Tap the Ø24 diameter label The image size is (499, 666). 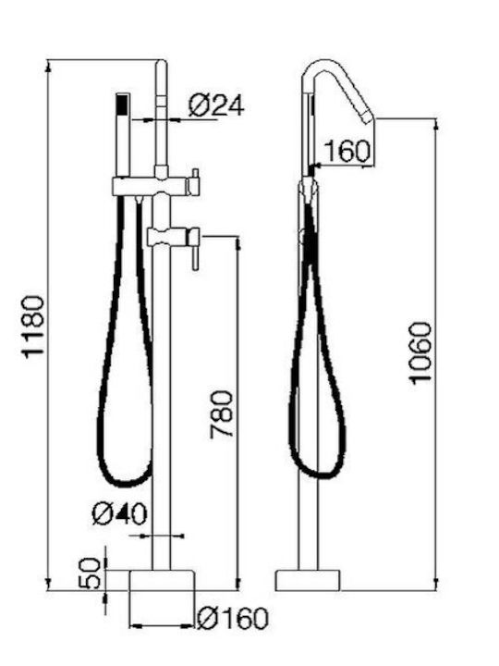pyautogui.click(x=216, y=105)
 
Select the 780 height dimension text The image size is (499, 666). pyautogui.click(x=222, y=414)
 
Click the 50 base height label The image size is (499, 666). pyautogui.click(x=91, y=573)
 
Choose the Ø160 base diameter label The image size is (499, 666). pyautogui.click(x=233, y=618)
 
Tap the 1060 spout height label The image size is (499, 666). pyautogui.click(x=420, y=353)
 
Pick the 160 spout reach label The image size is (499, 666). pyautogui.click(x=347, y=151)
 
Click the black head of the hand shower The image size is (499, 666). pyautogui.click(x=122, y=104)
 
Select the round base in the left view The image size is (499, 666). pyautogui.click(x=161, y=580)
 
